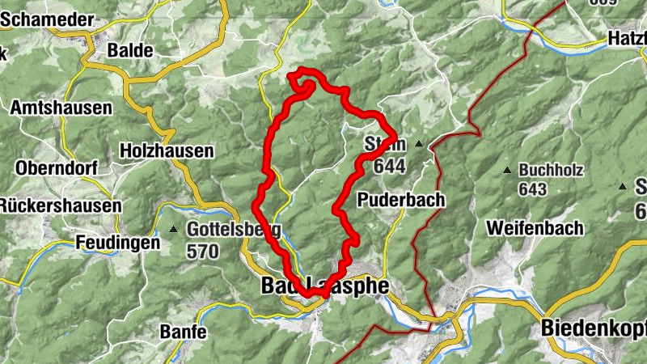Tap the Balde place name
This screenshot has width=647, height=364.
(130, 50)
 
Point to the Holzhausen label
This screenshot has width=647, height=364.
(166, 150)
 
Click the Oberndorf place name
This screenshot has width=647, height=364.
(56, 168)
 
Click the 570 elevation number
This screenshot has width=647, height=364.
(202, 252)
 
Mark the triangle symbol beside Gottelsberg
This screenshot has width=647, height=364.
(173, 230)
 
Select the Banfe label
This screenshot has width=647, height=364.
(183, 332)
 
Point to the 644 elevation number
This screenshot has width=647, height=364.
(390, 166)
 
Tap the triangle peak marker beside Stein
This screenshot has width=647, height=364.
(419, 144)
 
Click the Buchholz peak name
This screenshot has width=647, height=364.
(551, 171)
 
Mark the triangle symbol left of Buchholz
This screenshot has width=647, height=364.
(506, 171)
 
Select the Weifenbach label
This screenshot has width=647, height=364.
(534, 228)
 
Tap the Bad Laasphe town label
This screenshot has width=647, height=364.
(324, 286)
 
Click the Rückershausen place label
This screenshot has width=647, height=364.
(60, 206)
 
